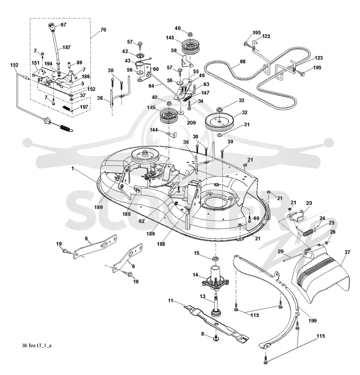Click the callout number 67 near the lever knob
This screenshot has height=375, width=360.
[x=63, y=25]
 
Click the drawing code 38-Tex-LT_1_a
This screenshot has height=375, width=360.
[x=36, y=345]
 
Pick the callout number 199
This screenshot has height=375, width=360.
[x=313, y=321]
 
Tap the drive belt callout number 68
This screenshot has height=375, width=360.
[x=243, y=62]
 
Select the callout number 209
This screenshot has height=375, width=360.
[x=191, y=122]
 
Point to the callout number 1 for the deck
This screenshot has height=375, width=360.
[x=73, y=169]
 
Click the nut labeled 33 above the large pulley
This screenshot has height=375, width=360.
[x=219, y=110]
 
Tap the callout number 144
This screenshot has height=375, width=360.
[x=154, y=129]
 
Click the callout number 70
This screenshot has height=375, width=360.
[x=103, y=30]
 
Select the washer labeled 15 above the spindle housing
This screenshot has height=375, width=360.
[x=215, y=259]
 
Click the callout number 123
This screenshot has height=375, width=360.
[x=319, y=58]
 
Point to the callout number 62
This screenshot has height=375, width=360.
[x=142, y=221]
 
